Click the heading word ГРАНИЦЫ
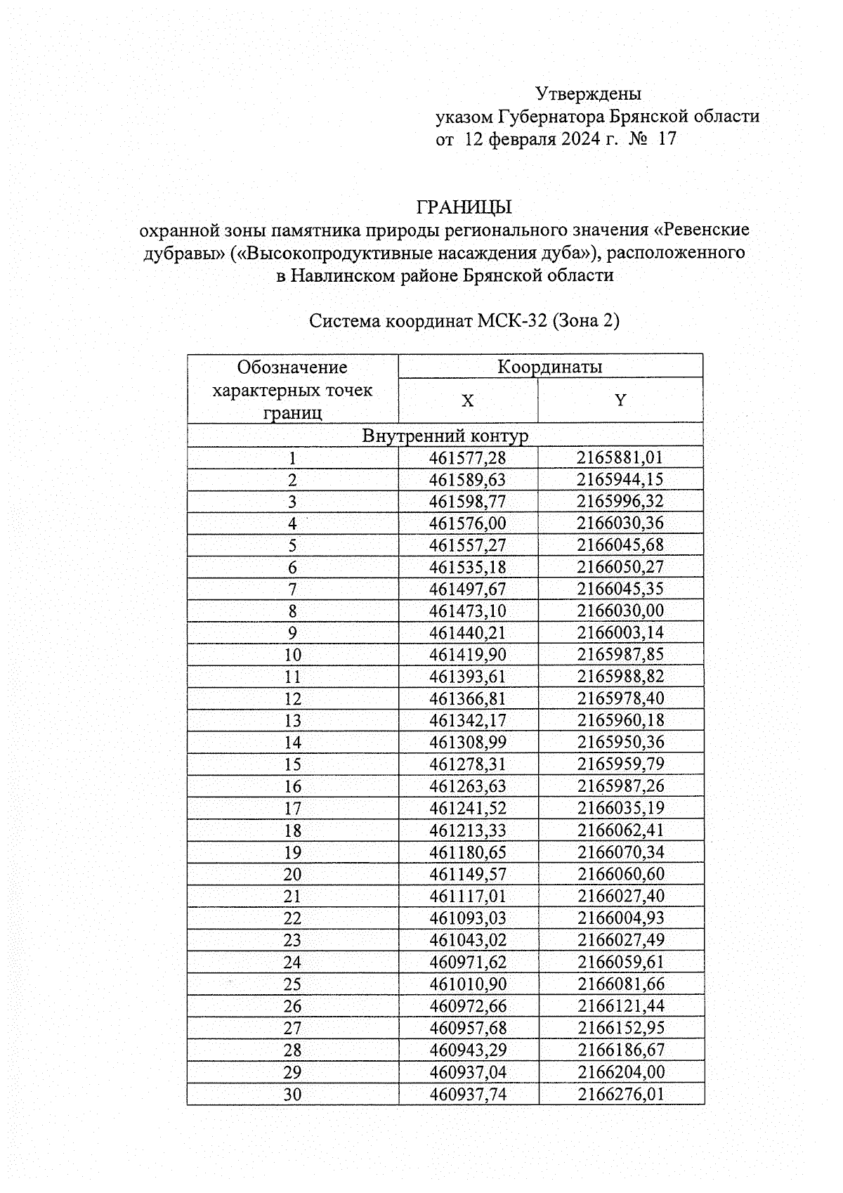coord(464,207)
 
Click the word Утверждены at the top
coord(588,93)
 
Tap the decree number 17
coord(667,138)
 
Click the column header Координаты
coord(549,366)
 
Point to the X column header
coord(467,400)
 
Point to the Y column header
coord(620,400)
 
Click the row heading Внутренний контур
coord(445,436)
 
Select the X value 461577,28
coord(467,458)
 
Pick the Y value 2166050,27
coord(620,567)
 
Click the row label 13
coord(292,721)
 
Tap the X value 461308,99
coord(467,743)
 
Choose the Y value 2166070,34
coord(620,852)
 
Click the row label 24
coord(292,963)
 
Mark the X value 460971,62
coord(467,962)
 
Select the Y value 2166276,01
coord(620,1094)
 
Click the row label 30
coord(292,1095)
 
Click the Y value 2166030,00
coord(620,611)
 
